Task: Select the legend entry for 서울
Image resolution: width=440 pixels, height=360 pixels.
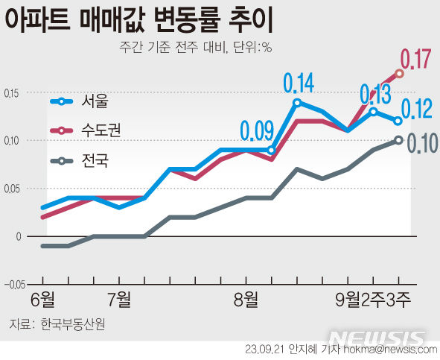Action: tap(95, 101)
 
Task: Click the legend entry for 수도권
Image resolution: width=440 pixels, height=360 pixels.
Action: tap(101, 130)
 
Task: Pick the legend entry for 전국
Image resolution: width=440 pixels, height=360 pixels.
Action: tap(95, 160)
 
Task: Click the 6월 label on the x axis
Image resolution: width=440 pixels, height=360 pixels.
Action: tap(43, 300)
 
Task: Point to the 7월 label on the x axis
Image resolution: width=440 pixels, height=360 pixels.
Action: tap(119, 300)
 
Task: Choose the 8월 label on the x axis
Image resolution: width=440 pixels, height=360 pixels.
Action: tap(246, 300)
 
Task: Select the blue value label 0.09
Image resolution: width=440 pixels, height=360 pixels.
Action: tap(257, 132)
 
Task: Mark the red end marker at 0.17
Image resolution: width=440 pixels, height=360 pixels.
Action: tap(400, 74)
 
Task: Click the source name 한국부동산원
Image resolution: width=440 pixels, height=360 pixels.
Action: tap(72, 324)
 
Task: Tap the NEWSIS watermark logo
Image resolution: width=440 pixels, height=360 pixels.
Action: tap(380, 338)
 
